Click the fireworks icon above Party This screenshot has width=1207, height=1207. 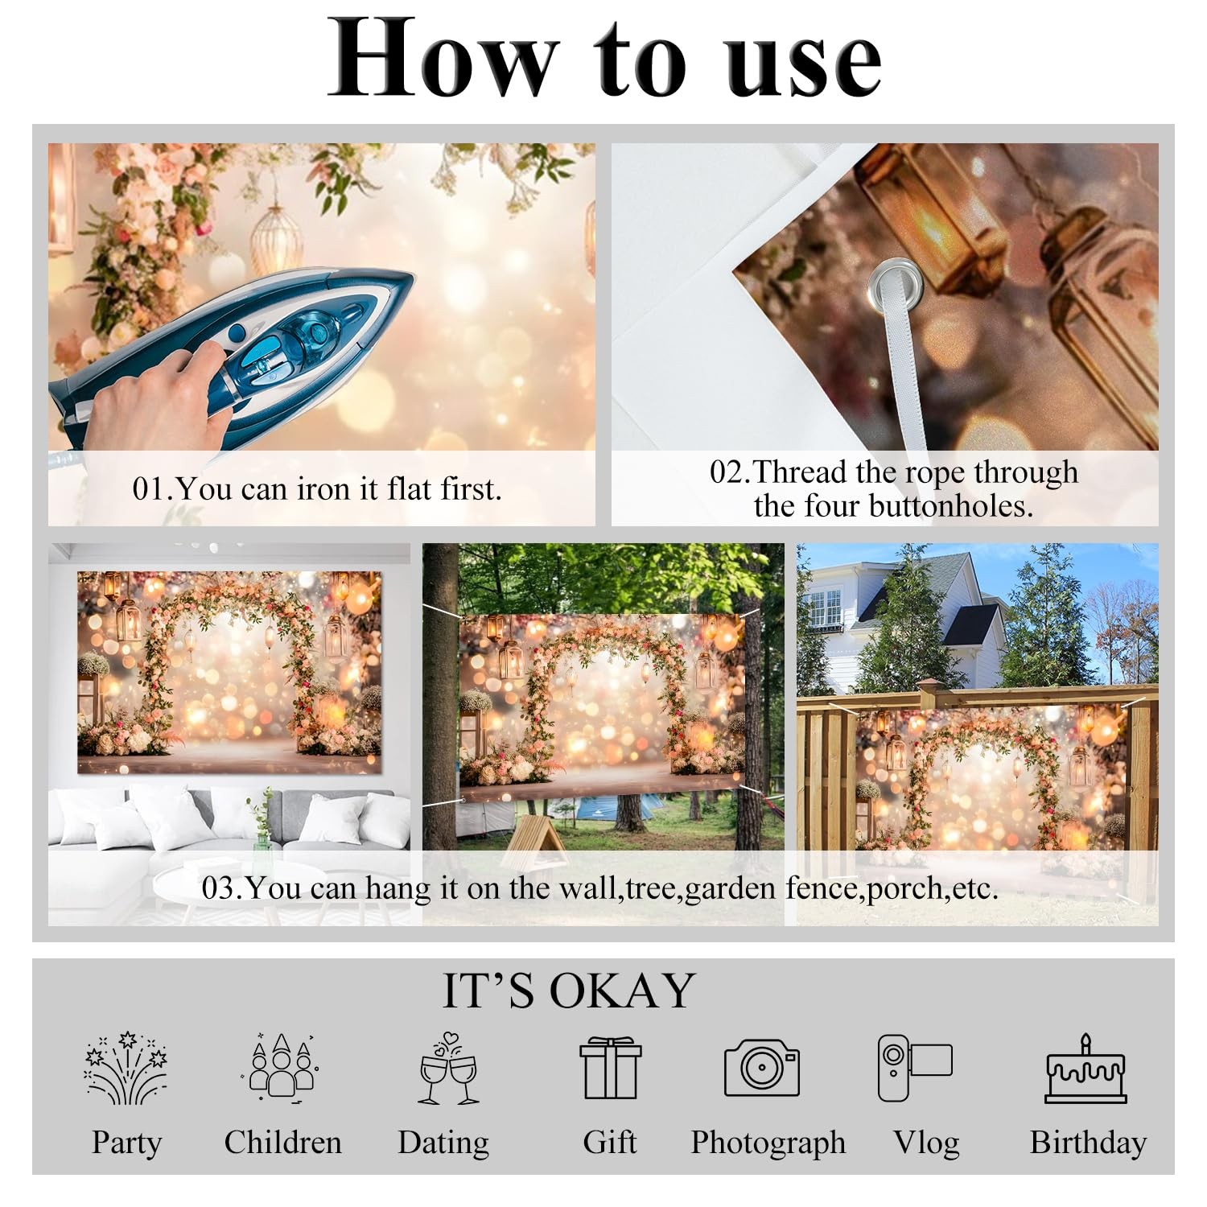126,1068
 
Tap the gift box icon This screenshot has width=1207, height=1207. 611,1069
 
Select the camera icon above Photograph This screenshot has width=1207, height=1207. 762,1068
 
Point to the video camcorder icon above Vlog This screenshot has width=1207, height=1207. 914,1068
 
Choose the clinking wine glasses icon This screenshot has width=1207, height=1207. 449,1069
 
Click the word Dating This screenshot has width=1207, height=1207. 443,1143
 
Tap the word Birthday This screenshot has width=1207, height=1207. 1088,1143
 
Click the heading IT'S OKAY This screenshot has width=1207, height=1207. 569,991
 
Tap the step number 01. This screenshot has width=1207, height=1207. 148,489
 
